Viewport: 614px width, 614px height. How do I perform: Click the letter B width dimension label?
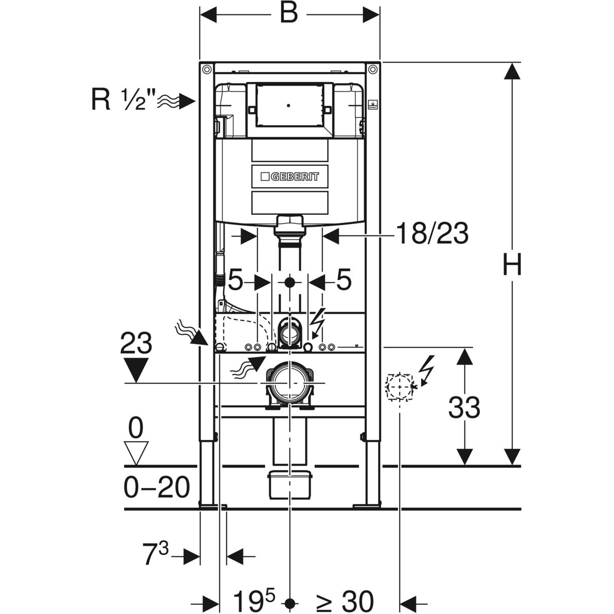click(289, 14)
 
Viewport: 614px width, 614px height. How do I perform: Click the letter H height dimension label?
click(512, 266)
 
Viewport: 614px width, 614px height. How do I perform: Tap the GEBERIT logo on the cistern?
click(289, 177)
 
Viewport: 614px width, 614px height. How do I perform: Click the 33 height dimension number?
click(464, 408)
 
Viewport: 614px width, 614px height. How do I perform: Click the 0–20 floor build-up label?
click(157, 488)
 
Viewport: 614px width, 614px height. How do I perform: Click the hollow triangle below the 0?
click(136, 452)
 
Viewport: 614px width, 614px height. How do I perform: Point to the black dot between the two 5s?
click(290, 281)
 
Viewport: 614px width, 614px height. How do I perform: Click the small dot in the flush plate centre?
click(289, 106)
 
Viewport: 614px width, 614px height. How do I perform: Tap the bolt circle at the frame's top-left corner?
click(206, 69)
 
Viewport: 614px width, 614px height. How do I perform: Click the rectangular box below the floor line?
click(290, 483)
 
